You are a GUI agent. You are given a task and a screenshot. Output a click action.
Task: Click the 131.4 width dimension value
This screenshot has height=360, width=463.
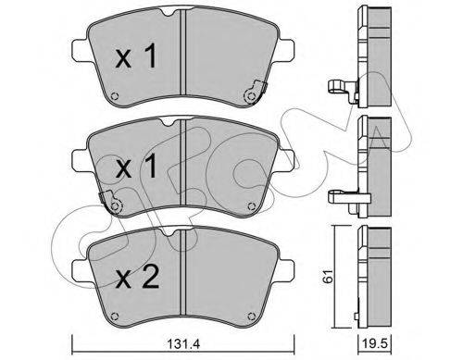coord(183,344)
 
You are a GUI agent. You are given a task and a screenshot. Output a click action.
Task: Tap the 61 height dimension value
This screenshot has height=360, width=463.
coord(328,276)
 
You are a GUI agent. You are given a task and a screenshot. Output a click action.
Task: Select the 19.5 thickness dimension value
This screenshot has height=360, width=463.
coord(373,344)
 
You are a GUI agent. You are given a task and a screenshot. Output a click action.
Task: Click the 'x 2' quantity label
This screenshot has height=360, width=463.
coord(137,277)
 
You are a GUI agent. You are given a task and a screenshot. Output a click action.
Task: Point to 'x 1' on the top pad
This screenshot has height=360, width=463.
coord(136,56)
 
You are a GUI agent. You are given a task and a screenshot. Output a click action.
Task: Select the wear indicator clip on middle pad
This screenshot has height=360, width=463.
coord(110,203)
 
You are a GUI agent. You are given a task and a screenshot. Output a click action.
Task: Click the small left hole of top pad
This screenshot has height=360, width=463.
coord(114,96)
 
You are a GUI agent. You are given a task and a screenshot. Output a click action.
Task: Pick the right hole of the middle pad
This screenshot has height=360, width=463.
coord(251,206)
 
